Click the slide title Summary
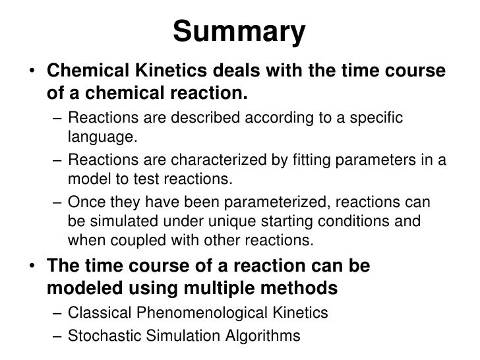pos(240,32)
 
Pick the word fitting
pos(289,160)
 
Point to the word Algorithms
pos(259,336)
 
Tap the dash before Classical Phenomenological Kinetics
pos(59,314)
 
